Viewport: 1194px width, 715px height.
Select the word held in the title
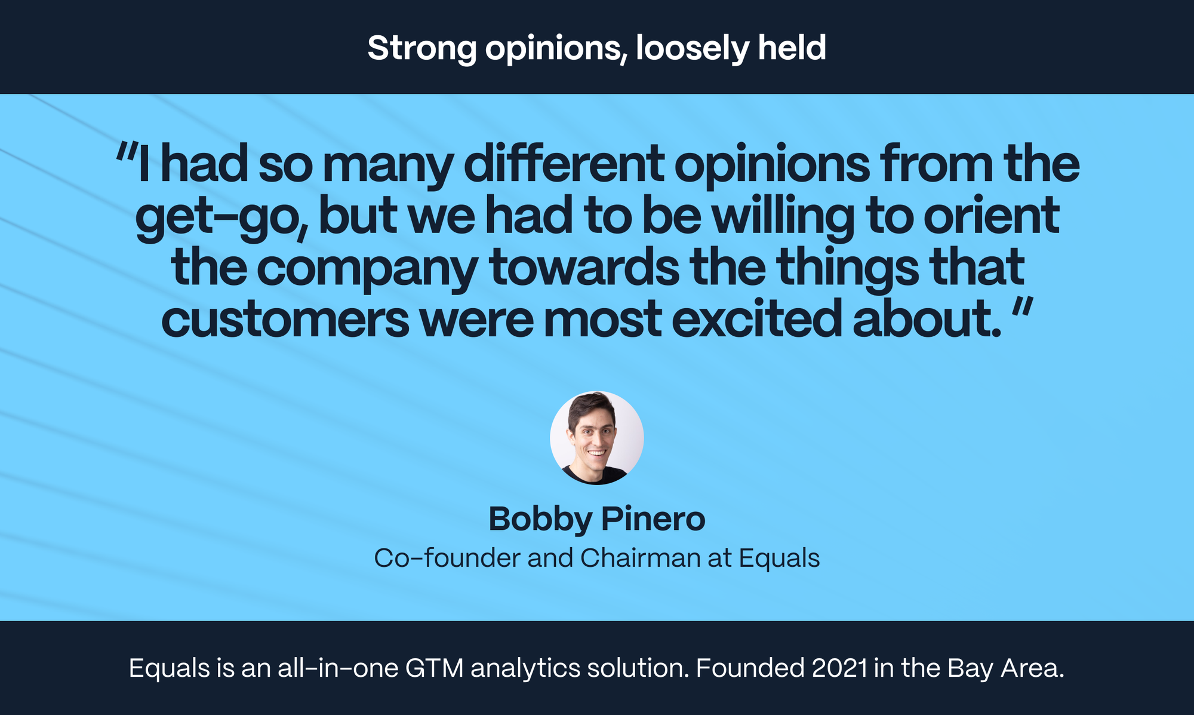tap(792, 48)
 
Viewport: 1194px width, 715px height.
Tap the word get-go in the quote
tap(220, 218)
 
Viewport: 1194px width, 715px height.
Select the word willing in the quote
tap(783, 218)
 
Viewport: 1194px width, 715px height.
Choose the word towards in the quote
tap(584, 269)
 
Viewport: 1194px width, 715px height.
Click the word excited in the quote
tap(757, 320)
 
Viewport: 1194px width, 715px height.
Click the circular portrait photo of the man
tap(596, 438)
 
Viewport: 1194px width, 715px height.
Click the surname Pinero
tap(653, 518)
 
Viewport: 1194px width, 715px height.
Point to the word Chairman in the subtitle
tap(640, 558)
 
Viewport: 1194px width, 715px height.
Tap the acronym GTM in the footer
tap(434, 668)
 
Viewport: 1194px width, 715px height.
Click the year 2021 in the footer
tap(839, 668)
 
